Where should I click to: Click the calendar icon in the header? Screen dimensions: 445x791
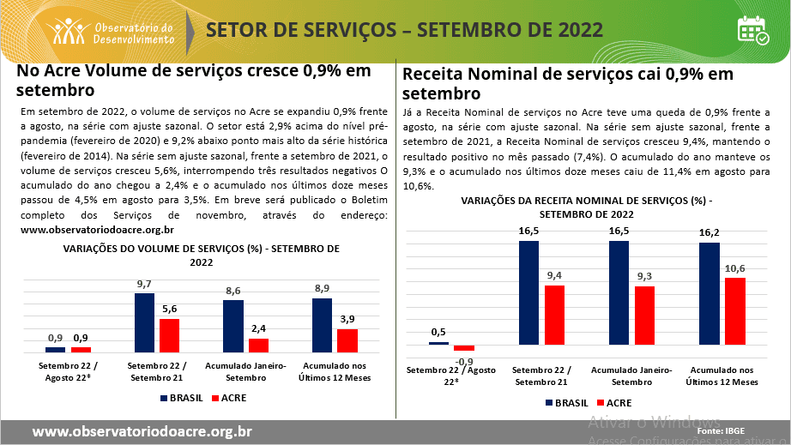753,30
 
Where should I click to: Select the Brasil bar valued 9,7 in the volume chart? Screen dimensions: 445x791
144,322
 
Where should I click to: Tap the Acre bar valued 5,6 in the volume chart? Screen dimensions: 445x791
170,335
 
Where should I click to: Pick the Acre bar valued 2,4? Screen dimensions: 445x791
258,346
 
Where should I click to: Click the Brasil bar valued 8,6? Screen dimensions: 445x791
232,326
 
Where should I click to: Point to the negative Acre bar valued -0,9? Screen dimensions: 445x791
464,348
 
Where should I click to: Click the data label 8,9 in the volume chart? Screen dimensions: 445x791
322,288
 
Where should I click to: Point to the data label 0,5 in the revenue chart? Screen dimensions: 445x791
438,332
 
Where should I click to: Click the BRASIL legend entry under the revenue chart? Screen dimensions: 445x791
565,402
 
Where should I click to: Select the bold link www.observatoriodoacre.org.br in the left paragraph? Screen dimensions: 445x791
97,230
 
